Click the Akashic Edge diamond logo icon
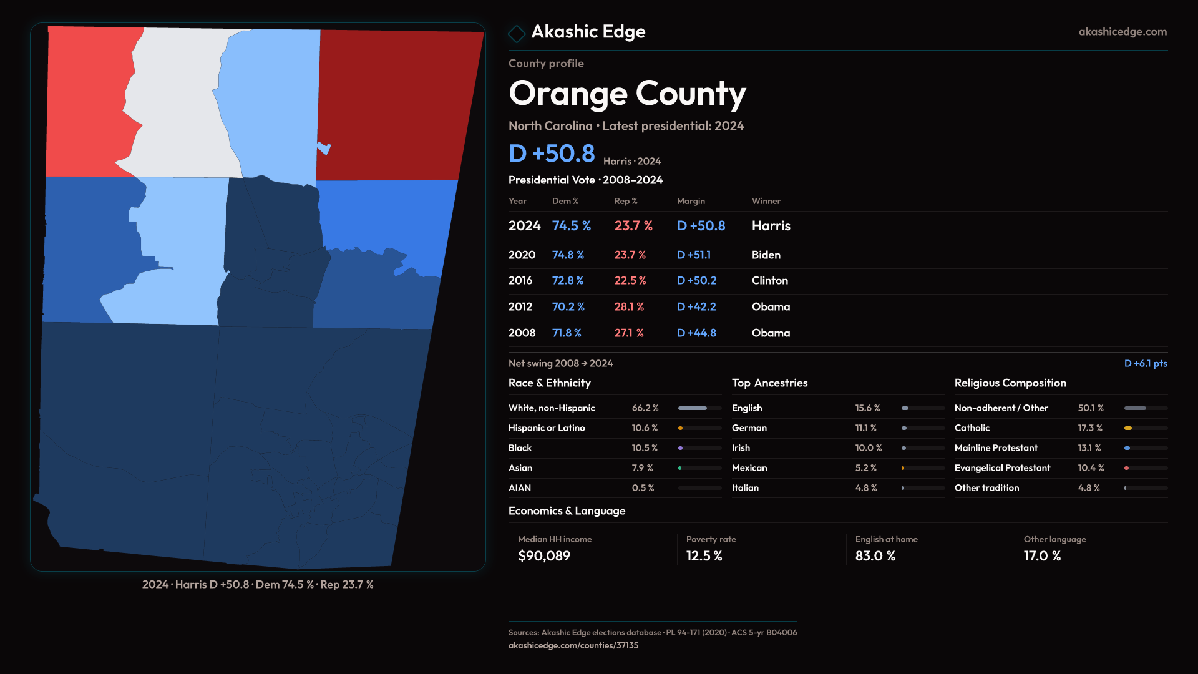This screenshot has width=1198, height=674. click(x=517, y=33)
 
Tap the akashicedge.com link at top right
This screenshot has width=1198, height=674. click(x=1122, y=32)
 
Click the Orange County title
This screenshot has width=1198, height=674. click(x=627, y=94)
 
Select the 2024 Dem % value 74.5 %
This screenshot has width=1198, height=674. click(x=571, y=226)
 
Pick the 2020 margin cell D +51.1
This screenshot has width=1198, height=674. click(x=693, y=255)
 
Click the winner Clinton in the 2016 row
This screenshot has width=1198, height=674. click(x=769, y=281)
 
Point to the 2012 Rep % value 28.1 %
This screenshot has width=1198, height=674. click(x=629, y=307)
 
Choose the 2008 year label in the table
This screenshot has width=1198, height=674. click(x=522, y=333)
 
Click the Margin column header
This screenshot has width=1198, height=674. click(x=691, y=201)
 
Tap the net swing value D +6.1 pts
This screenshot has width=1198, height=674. click(x=1145, y=364)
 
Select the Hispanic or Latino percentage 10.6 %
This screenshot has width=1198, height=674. click(x=645, y=428)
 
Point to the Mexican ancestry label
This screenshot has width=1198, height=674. click(x=749, y=468)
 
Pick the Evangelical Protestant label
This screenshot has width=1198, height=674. click(x=1002, y=468)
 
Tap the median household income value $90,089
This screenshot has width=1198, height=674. click(x=543, y=556)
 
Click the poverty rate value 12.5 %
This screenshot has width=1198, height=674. click(x=704, y=556)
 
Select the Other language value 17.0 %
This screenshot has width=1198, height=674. click(x=1042, y=556)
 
